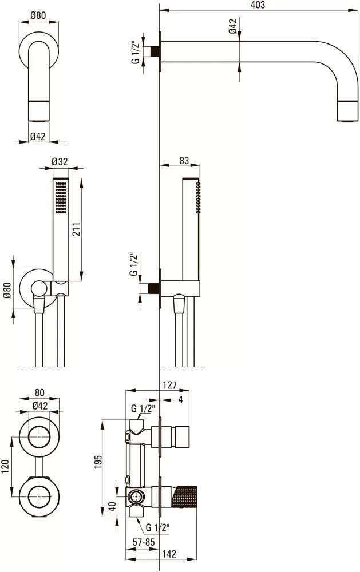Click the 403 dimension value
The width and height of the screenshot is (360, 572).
click(x=258, y=5)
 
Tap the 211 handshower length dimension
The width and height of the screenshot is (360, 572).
click(x=76, y=229)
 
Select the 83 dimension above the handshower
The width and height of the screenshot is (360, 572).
click(x=184, y=161)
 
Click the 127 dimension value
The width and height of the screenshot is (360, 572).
click(x=170, y=385)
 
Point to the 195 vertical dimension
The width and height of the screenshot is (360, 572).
click(x=98, y=462)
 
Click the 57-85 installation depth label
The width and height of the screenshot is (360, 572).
click(x=144, y=542)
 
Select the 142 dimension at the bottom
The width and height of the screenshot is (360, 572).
click(x=169, y=554)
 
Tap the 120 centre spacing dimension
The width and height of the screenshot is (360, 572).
click(x=5, y=467)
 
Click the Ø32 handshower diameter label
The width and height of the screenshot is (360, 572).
click(x=60, y=161)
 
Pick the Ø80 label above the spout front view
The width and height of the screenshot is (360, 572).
click(x=38, y=15)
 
